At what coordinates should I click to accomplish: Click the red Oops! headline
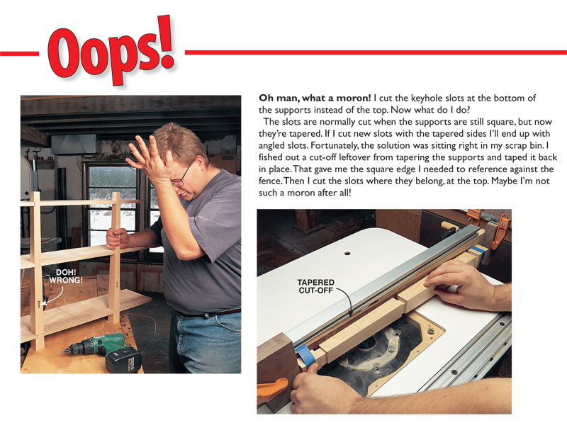[111, 50]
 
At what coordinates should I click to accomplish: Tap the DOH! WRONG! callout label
[66, 276]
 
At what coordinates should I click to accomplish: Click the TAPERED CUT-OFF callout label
[315, 286]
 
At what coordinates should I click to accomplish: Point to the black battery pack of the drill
[123, 359]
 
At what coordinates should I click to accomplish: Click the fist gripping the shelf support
[117, 239]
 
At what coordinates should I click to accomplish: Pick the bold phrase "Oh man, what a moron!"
[315, 98]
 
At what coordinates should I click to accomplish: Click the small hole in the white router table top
[347, 253]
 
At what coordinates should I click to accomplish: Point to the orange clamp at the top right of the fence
[499, 227]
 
